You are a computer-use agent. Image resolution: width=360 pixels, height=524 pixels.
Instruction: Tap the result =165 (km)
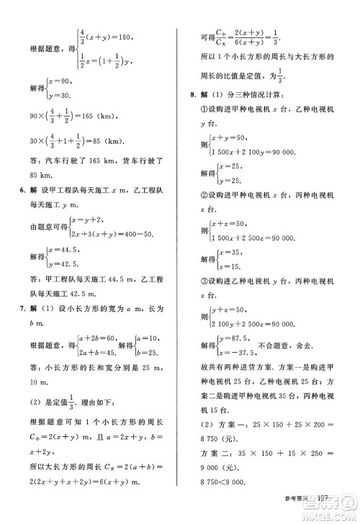click(x=115, y=114)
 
